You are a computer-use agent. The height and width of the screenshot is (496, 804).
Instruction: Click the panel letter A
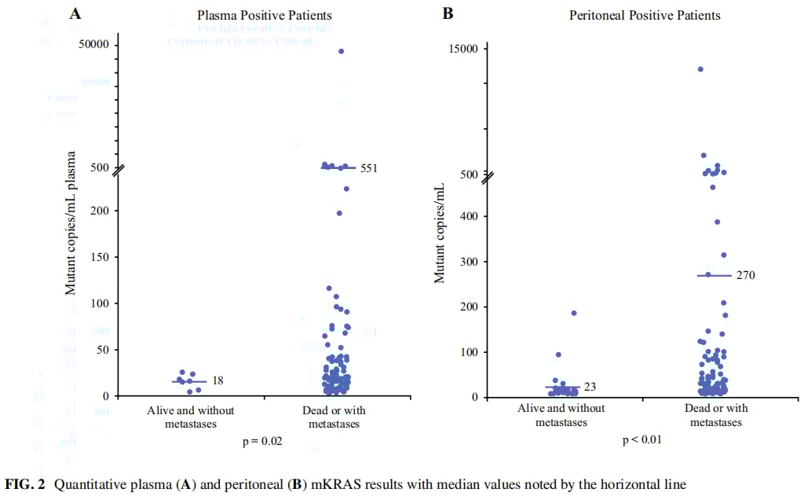[x=75, y=13]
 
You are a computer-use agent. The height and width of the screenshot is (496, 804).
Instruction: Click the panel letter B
[x=448, y=13]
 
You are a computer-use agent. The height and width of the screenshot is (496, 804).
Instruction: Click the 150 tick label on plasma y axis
[x=100, y=257]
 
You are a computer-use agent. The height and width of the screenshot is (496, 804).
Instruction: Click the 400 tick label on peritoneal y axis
[x=469, y=216]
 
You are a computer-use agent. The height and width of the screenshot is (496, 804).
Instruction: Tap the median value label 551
[x=370, y=167]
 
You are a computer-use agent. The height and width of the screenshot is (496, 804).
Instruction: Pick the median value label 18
[x=218, y=381]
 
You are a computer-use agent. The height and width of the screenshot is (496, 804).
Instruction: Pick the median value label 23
[x=590, y=387]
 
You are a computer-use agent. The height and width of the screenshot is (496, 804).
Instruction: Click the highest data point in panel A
[x=341, y=51]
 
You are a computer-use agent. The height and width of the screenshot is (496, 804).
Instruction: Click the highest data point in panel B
[x=700, y=69]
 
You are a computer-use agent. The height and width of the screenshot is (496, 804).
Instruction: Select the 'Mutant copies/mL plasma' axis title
[x=71, y=223]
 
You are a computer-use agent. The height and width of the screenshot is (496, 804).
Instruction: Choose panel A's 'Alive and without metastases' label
[x=191, y=417]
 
